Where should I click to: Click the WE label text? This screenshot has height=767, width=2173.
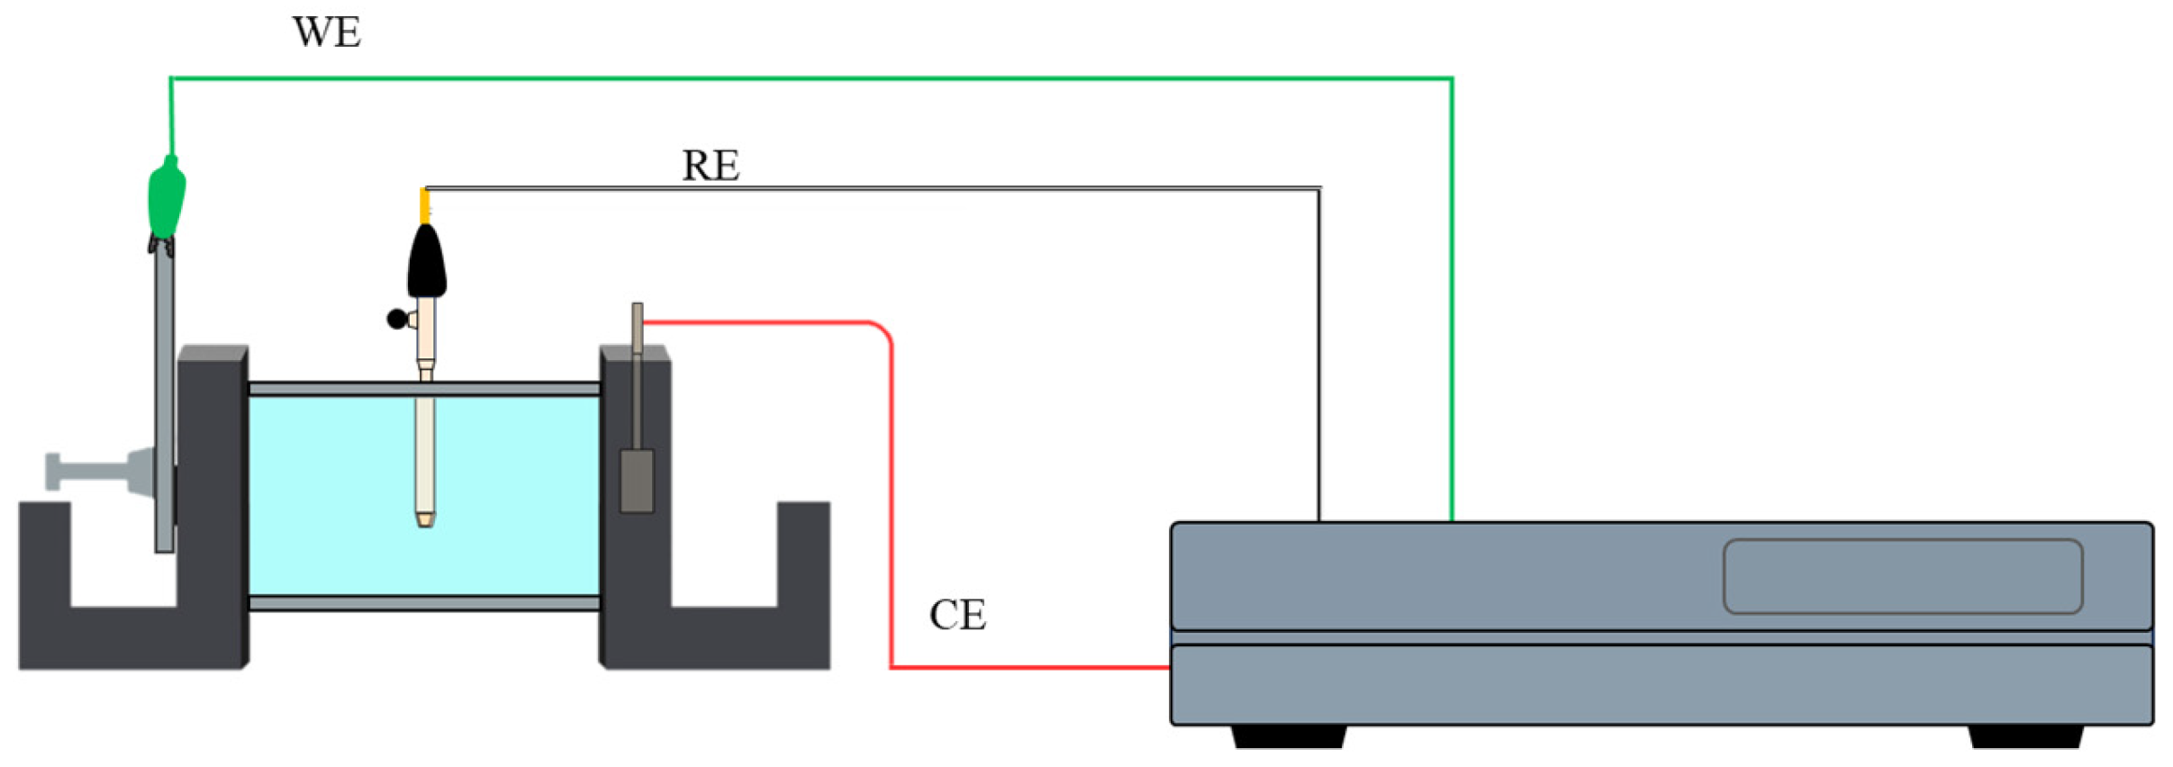[326, 33]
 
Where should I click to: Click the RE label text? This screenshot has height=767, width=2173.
[711, 166]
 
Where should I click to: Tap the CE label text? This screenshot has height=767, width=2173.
[957, 616]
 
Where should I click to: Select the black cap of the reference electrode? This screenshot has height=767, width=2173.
[426, 262]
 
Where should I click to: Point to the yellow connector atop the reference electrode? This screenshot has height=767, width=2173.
[424, 205]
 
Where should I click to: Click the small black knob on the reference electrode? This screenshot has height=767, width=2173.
[396, 318]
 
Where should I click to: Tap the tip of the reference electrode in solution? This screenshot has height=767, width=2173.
[425, 519]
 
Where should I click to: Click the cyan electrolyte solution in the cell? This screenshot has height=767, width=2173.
[513, 495]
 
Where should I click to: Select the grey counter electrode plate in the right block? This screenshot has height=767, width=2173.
[637, 481]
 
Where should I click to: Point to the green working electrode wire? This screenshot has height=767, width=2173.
[810, 79]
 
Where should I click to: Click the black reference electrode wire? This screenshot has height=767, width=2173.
[901, 189]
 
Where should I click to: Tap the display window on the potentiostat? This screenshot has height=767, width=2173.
[1902, 576]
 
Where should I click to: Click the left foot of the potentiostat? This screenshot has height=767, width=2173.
[1288, 736]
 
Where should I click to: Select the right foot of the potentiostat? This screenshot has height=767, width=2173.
[2024, 736]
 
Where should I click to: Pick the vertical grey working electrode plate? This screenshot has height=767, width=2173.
[164, 405]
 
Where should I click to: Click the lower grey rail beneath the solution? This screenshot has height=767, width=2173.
[423, 602]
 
